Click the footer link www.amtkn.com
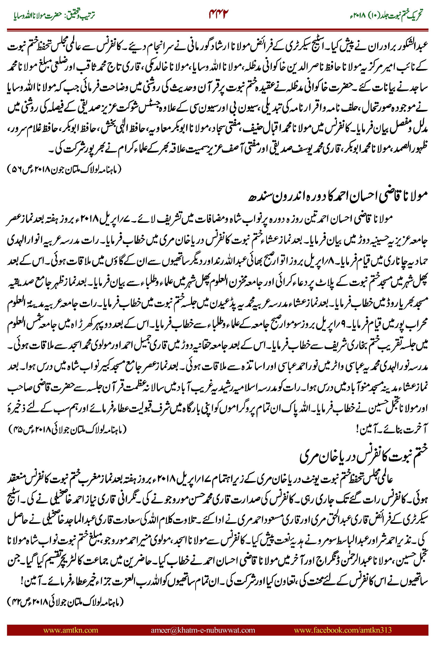pos(70,630)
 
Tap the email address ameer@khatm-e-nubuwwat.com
pos(203,630)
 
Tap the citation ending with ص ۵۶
pos(64,169)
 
